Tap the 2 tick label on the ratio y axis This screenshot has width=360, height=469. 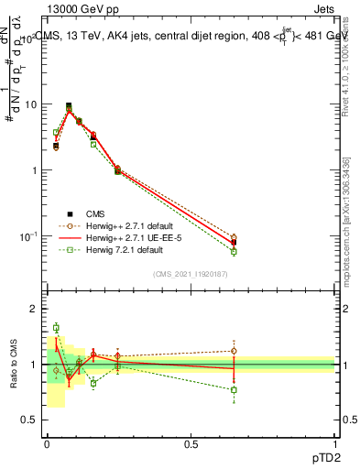coord(32,310)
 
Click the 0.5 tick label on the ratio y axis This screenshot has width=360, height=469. coord(28,420)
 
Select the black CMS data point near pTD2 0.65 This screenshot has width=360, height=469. coord(234,243)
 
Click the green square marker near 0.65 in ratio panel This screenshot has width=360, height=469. coord(234,389)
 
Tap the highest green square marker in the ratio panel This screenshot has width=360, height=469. coord(56,327)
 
